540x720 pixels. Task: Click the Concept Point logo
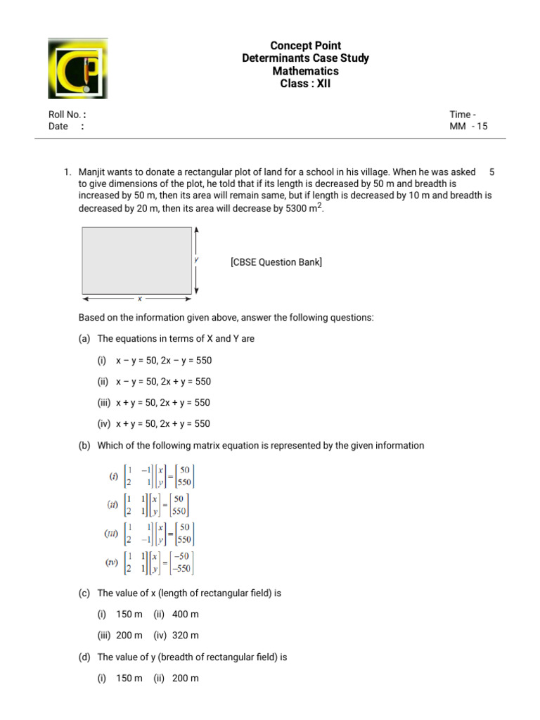pos(77,68)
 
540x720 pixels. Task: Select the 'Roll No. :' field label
pos(67,114)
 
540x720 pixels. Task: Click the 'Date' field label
pos(58,127)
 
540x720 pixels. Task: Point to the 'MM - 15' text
pos(468,127)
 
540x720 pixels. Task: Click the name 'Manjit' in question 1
pos(93,172)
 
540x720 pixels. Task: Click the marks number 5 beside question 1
pos(492,172)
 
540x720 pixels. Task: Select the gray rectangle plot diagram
pos(137,260)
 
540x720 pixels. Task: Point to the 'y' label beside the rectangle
pos(196,259)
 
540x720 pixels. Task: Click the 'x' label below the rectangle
pos(139,298)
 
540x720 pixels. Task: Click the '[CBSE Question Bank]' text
pos(276,262)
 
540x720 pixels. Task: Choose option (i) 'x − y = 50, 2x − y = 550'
pos(163,361)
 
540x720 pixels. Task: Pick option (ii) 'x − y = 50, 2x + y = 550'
pos(163,382)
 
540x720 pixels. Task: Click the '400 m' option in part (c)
pos(185,614)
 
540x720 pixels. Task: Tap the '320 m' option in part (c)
pos(185,635)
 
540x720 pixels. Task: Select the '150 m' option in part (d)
pos(129,679)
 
